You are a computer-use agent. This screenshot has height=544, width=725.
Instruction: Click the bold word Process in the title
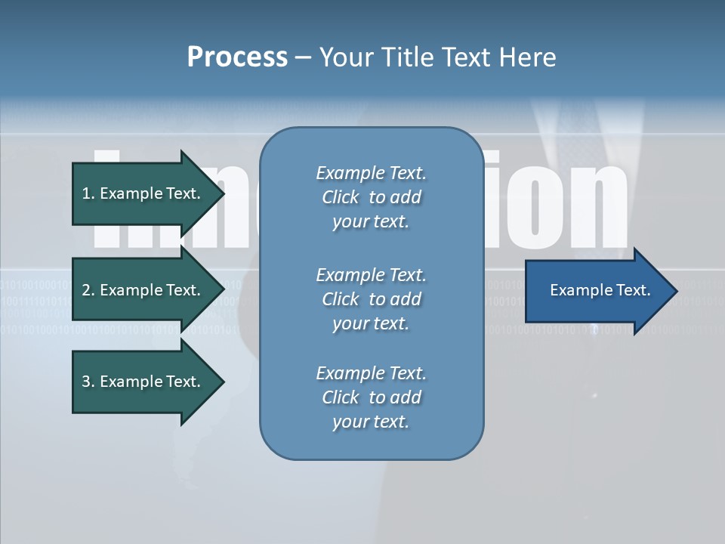pos(237,57)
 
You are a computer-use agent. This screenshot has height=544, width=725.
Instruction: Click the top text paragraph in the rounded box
pos(371,197)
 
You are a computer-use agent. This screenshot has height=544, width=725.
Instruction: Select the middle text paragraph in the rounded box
pos(371,299)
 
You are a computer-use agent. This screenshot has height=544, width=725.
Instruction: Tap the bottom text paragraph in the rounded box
pos(371,397)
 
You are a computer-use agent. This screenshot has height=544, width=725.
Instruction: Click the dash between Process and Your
pos(304,57)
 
